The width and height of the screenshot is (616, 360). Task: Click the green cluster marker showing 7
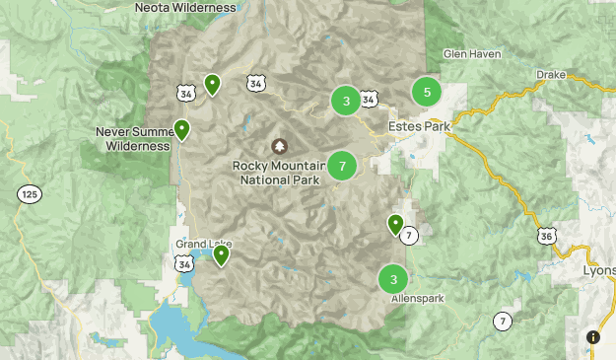[x=342, y=166]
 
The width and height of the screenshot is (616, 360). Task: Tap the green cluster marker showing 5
[x=427, y=93]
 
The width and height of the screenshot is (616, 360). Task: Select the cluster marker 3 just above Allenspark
[x=393, y=278]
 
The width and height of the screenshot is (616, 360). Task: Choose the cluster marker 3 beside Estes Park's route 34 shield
[x=345, y=101]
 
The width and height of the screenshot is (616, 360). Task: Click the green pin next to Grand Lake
[x=222, y=255]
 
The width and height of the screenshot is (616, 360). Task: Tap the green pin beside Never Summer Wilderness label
[x=182, y=129]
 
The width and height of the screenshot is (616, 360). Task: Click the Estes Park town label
[x=418, y=127]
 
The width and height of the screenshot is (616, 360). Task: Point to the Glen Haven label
[x=471, y=53]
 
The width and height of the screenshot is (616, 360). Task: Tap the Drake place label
[x=550, y=75]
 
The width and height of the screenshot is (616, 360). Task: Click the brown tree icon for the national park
[x=279, y=145]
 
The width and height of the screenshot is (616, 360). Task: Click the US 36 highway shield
[x=547, y=237]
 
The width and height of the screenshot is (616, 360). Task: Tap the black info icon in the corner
[x=593, y=337]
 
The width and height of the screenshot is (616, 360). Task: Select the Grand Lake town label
[x=204, y=244]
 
